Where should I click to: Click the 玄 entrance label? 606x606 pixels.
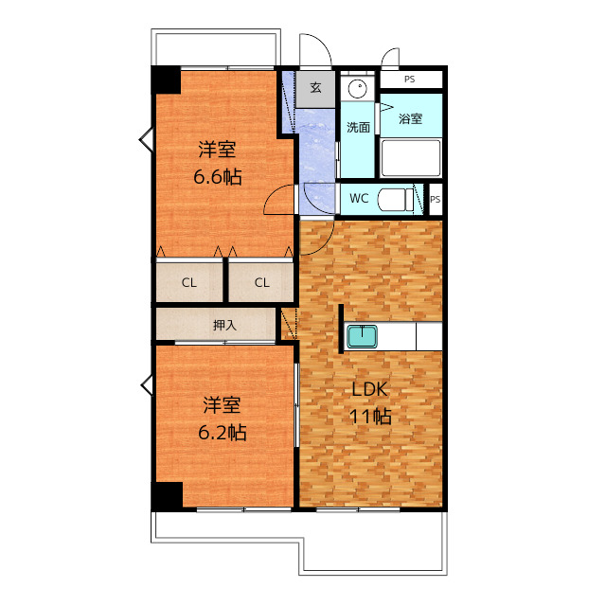pos(315,87)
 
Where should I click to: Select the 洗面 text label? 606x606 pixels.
pos(358,127)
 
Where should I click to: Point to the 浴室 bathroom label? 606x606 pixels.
pos(410,119)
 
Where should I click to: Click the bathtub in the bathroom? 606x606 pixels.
pos(411,158)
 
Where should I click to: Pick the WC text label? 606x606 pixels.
pos(359,199)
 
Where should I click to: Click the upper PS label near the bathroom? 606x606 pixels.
pos(409,80)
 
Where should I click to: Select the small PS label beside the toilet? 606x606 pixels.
pos(436,200)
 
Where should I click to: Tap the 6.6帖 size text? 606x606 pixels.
pos(217,176)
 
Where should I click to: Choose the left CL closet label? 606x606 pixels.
pos(189,282)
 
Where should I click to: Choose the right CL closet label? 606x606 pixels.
pos(261,282)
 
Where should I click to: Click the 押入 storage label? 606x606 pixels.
pos(224,325)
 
